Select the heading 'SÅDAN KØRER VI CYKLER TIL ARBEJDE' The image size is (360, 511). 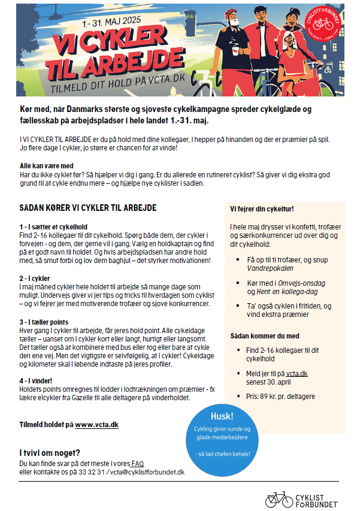88,208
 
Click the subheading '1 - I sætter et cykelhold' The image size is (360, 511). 54,228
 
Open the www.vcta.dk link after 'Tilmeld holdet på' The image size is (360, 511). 96,425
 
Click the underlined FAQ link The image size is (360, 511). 137,464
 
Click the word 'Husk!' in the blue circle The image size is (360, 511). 222,416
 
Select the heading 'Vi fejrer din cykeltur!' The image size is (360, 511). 262,208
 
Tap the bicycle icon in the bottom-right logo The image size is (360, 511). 279,498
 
